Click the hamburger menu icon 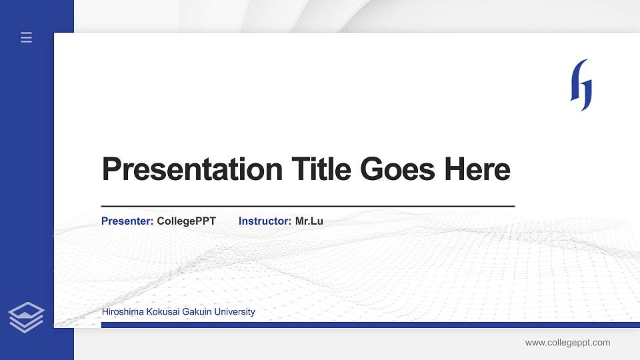tap(27, 38)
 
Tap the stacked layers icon tap(27, 317)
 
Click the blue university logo tap(581, 85)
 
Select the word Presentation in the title tap(192, 169)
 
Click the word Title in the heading tap(321, 169)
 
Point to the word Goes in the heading tap(398, 169)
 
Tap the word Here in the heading tap(477, 169)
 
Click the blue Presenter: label tap(127, 221)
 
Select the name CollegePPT tap(186, 221)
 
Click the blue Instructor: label tap(265, 221)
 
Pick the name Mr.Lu tap(309, 221)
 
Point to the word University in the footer tap(233, 312)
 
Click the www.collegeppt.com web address tap(567, 343)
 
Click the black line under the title tap(307, 207)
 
